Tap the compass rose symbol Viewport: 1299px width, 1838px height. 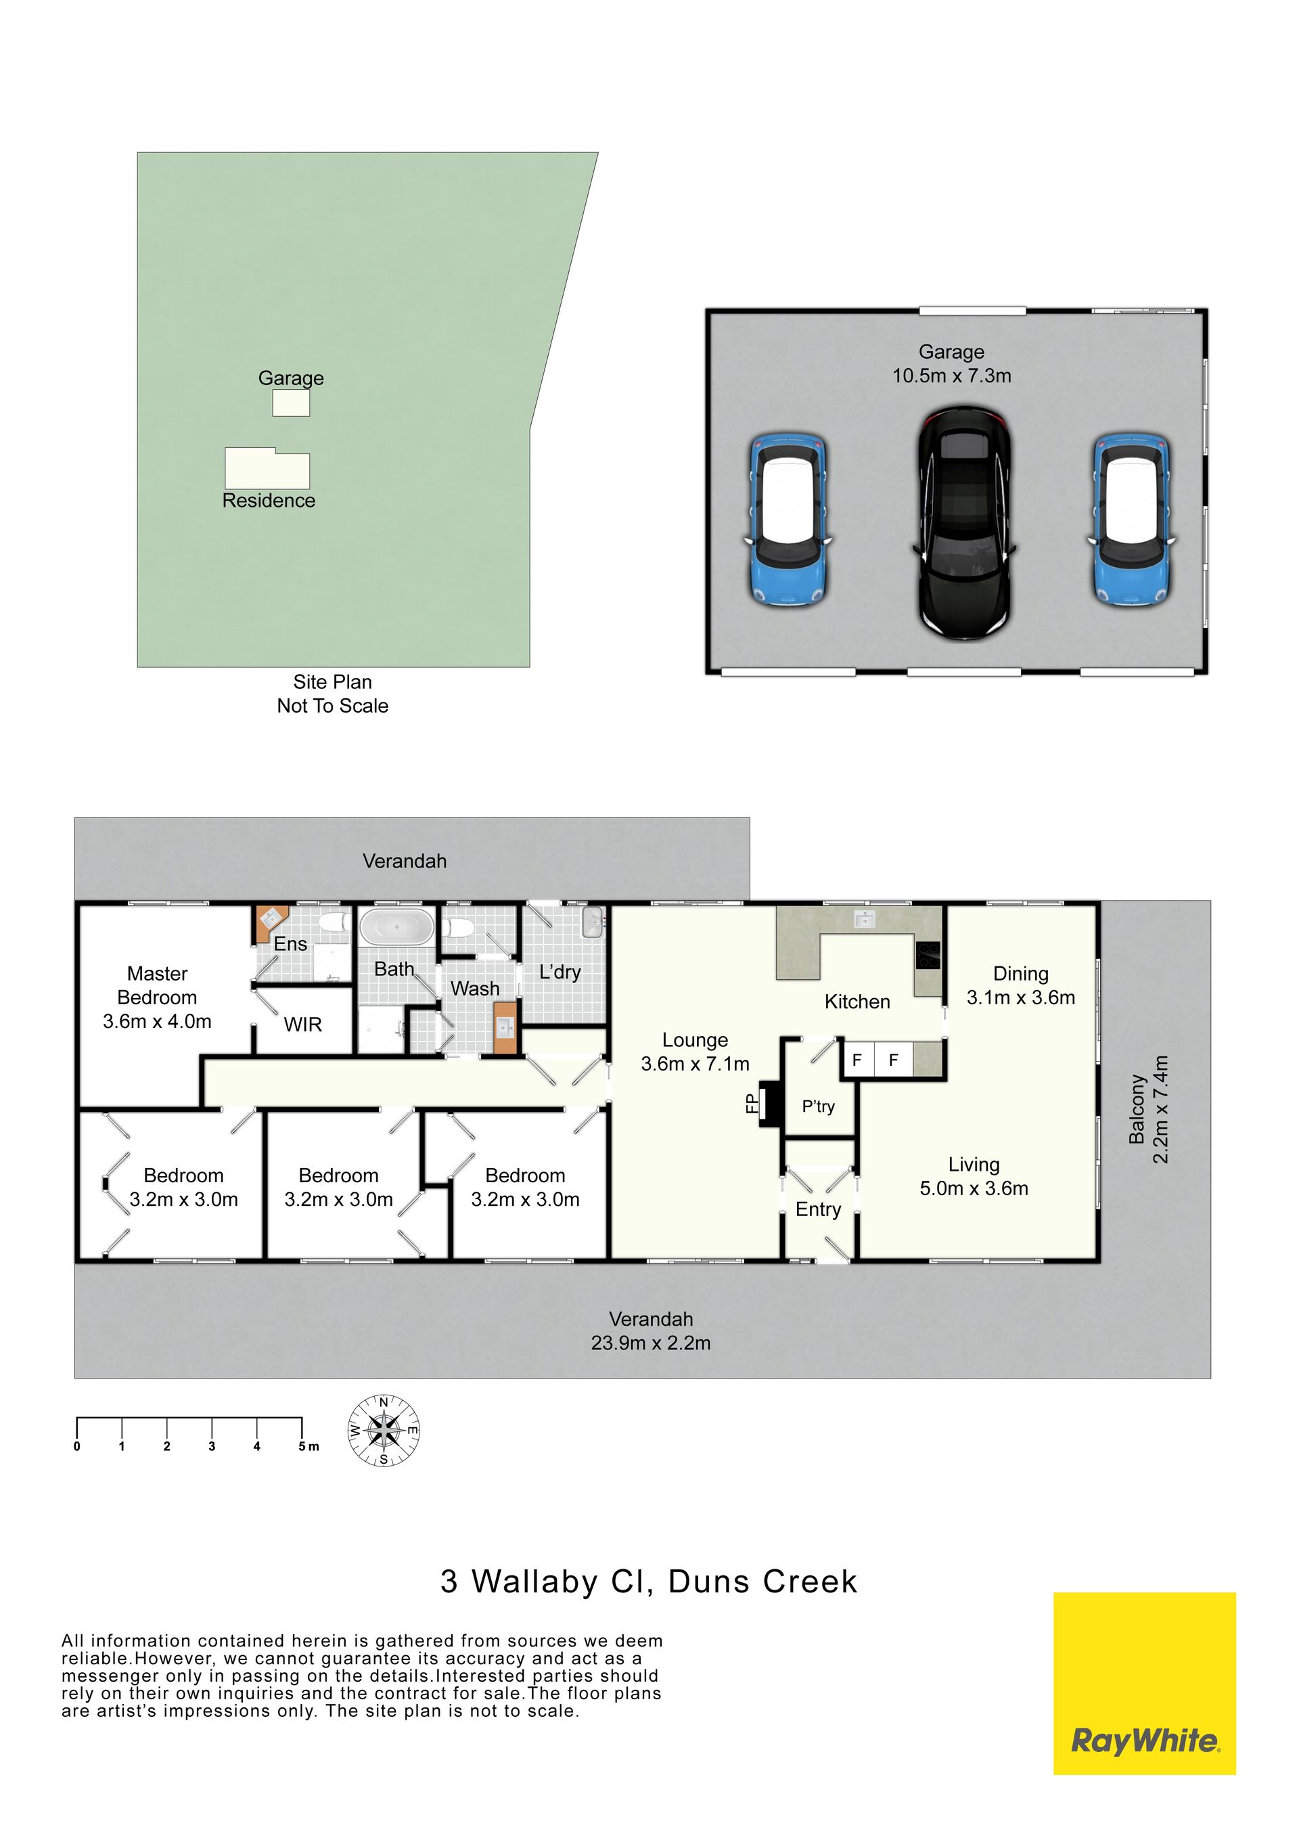(x=384, y=1431)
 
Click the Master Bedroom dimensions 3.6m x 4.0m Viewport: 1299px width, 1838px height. (x=157, y=1021)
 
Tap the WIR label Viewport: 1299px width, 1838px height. (x=302, y=1025)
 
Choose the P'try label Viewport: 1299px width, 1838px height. (x=818, y=1106)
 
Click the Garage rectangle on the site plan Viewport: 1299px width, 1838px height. (x=290, y=403)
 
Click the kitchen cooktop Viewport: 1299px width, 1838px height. (x=928, y=955)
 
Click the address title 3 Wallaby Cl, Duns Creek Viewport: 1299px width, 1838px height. (x=649, y=1581)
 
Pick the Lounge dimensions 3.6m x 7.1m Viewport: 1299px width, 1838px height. (x=695, y=1063)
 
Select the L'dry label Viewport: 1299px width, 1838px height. (x=560, y=972)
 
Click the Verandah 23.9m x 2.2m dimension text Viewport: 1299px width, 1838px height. (x=651, y=1343)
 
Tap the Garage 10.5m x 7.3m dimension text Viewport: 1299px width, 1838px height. (x=952, y=376)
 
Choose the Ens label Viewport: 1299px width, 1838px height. (x=290, y=944)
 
